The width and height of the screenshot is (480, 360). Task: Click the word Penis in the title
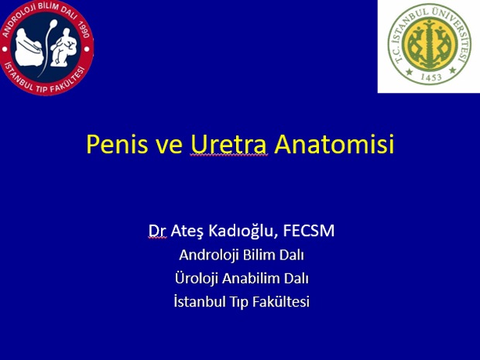pyautogui.click(x=117, y=143)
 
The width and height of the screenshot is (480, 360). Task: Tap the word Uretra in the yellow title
pyautogui.click(x=229, y=143)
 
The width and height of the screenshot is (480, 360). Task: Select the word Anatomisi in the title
pyautogui.click(x=334, y=143)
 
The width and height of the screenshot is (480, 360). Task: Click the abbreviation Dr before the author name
pyautogui.click(x=157, y=231)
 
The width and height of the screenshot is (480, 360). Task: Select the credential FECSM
pyautogui.click(x=309, y=231)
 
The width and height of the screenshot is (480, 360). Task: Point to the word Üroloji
pyautogui.click(x=197, y=278)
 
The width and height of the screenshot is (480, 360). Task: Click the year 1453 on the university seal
pyautogui.click(x=430, y=77)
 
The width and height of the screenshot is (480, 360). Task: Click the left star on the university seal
pyautogui.click(x=410, y=72)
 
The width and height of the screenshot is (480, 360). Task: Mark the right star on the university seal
pyautogui.click(x=452, y=70)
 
